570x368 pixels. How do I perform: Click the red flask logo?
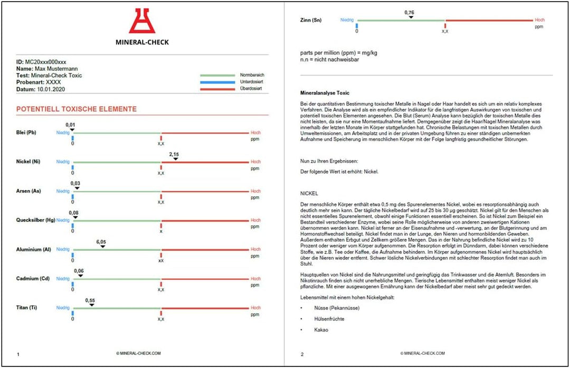point(142,22)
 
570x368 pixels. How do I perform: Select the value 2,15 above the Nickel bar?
point(174,154)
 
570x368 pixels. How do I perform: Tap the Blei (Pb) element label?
point(27,133)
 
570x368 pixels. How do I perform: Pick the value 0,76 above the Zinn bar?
point(409,12)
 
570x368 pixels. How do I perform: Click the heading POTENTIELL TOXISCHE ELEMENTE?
point(77,109)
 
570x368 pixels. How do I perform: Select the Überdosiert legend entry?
point(251,90)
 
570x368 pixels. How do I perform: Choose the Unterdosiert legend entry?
point(251,82)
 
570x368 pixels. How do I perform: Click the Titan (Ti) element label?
point(28,307)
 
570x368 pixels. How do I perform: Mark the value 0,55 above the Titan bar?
point(90,300)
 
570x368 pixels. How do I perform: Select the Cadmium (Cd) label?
point(33,278)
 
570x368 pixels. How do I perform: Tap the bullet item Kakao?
point(321,330)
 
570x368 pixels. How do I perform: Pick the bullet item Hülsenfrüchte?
point(330,319)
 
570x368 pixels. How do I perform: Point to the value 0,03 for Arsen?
point(76,183)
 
